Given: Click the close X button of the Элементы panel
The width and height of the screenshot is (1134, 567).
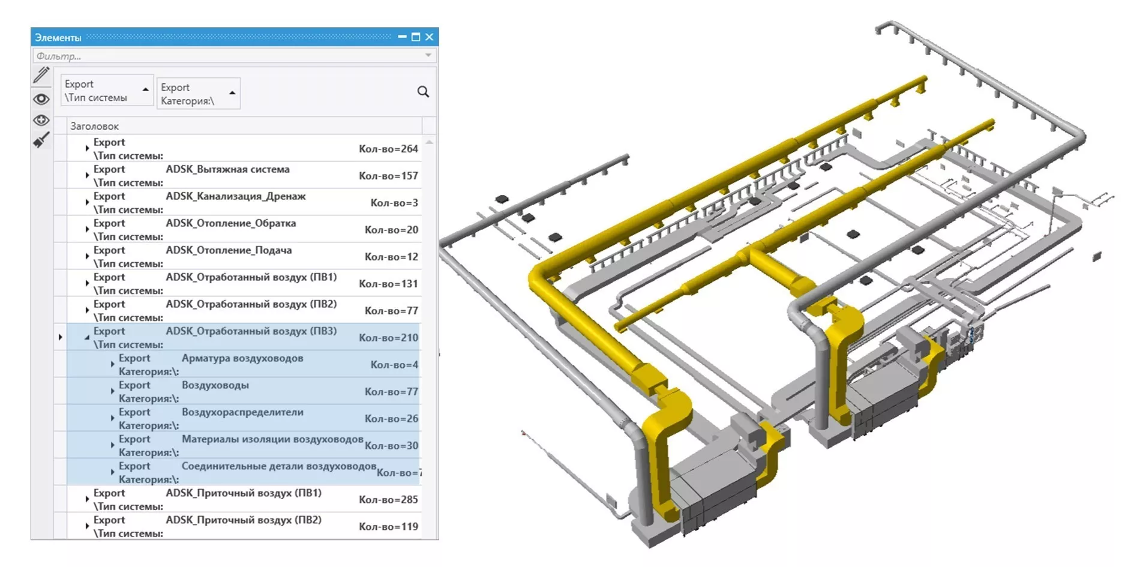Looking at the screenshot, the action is pyautogui.click(x=429, y=37).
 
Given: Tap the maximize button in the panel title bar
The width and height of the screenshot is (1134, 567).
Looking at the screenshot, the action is pyautogui.click(x=416, y=37).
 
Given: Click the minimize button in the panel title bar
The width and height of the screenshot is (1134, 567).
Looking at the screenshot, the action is pyautogui.click(x=402, y=37).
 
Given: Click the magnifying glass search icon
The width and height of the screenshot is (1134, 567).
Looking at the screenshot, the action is pyautogui.click(x=423, y=92).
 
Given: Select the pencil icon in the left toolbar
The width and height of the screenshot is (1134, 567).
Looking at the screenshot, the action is pyautogui.click(x=41, y=75).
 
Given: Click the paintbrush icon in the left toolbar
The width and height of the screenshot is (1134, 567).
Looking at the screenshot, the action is pyautogui.click(x=41, y=140).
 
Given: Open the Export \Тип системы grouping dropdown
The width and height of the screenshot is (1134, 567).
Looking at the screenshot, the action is pyautogui.click(x=107, y=91).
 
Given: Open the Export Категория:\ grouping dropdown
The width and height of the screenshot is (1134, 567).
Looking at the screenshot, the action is pyautogui.click(x=198, y=94).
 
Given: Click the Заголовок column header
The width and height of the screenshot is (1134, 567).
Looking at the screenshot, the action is pyautogui.click(x=95, y=126).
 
